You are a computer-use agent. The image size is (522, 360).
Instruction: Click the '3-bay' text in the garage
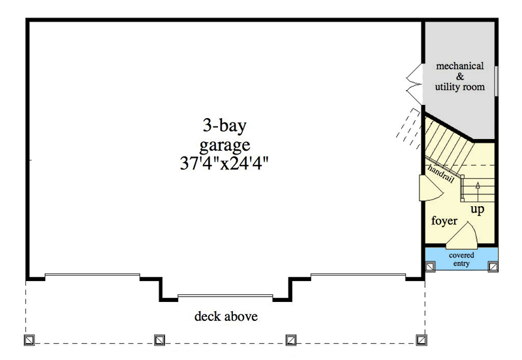pos(224,126)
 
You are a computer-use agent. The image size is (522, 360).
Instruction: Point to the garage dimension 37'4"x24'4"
pos(224,163)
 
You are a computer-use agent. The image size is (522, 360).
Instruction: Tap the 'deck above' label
pos(226,316)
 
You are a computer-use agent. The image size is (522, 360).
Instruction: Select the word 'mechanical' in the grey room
pos(460,66)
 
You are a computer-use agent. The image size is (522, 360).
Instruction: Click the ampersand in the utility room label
pos(460,76)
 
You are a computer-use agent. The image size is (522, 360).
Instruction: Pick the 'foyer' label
pos(444,220)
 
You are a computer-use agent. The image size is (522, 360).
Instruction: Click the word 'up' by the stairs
pos(478,209)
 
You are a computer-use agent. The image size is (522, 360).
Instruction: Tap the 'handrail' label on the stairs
pos(441,173)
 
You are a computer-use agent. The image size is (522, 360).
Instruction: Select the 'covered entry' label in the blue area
pos(461,259)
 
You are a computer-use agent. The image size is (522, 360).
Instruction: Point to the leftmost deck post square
pos(29,340)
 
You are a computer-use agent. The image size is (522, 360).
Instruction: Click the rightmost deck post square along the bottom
pos(422,340)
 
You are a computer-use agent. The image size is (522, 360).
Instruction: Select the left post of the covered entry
pos(430,267)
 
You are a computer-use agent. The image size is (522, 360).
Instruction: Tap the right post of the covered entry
pos(493,267)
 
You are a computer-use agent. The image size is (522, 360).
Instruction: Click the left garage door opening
pos(93,275)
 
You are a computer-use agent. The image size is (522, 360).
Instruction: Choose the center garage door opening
pos(225,296)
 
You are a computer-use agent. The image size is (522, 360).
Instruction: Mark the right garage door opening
pos(358,275)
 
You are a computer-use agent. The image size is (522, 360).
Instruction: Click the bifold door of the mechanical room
pos(414,85)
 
